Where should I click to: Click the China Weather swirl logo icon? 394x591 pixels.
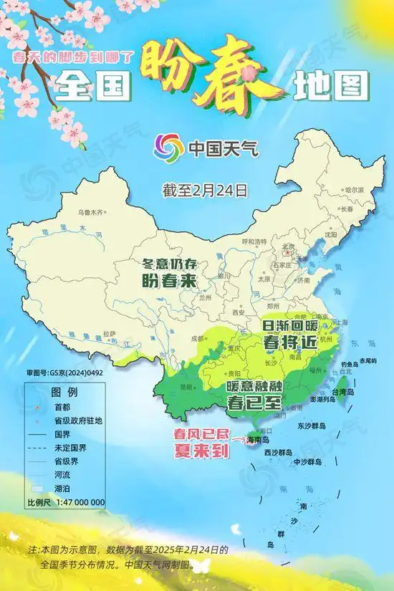pyautogui.click(x=168, y=149)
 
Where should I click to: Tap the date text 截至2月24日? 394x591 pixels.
pyautogui.click(x=205, y=190)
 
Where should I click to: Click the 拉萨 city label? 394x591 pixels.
pyautogui.click(x=110, y=332)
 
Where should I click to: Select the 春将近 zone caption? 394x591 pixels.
pyautogui.click(x=290, y=342)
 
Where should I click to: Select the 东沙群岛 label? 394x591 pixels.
pyautogui.click(x=317, y=425)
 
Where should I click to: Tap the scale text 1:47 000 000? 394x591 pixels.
pyautogui.click(x=77, y=502)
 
